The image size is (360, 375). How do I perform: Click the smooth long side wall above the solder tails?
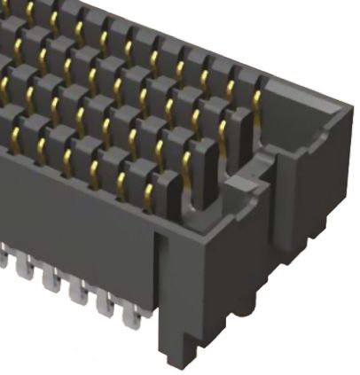coord(71,222)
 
